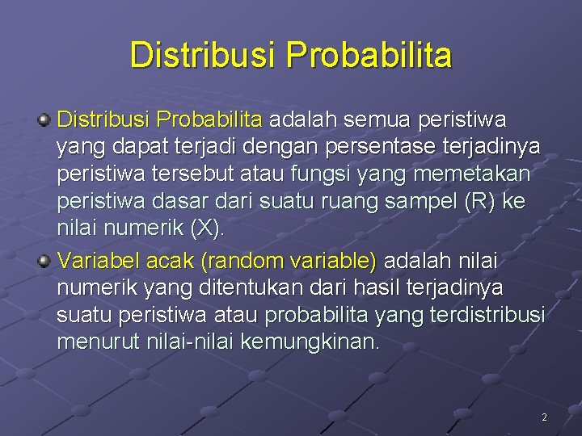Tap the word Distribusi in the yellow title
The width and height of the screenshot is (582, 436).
[x=203, y=56]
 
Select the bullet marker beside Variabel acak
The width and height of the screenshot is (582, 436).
[x=45, y=260]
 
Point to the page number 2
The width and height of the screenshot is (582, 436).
[x=544, y=417]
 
